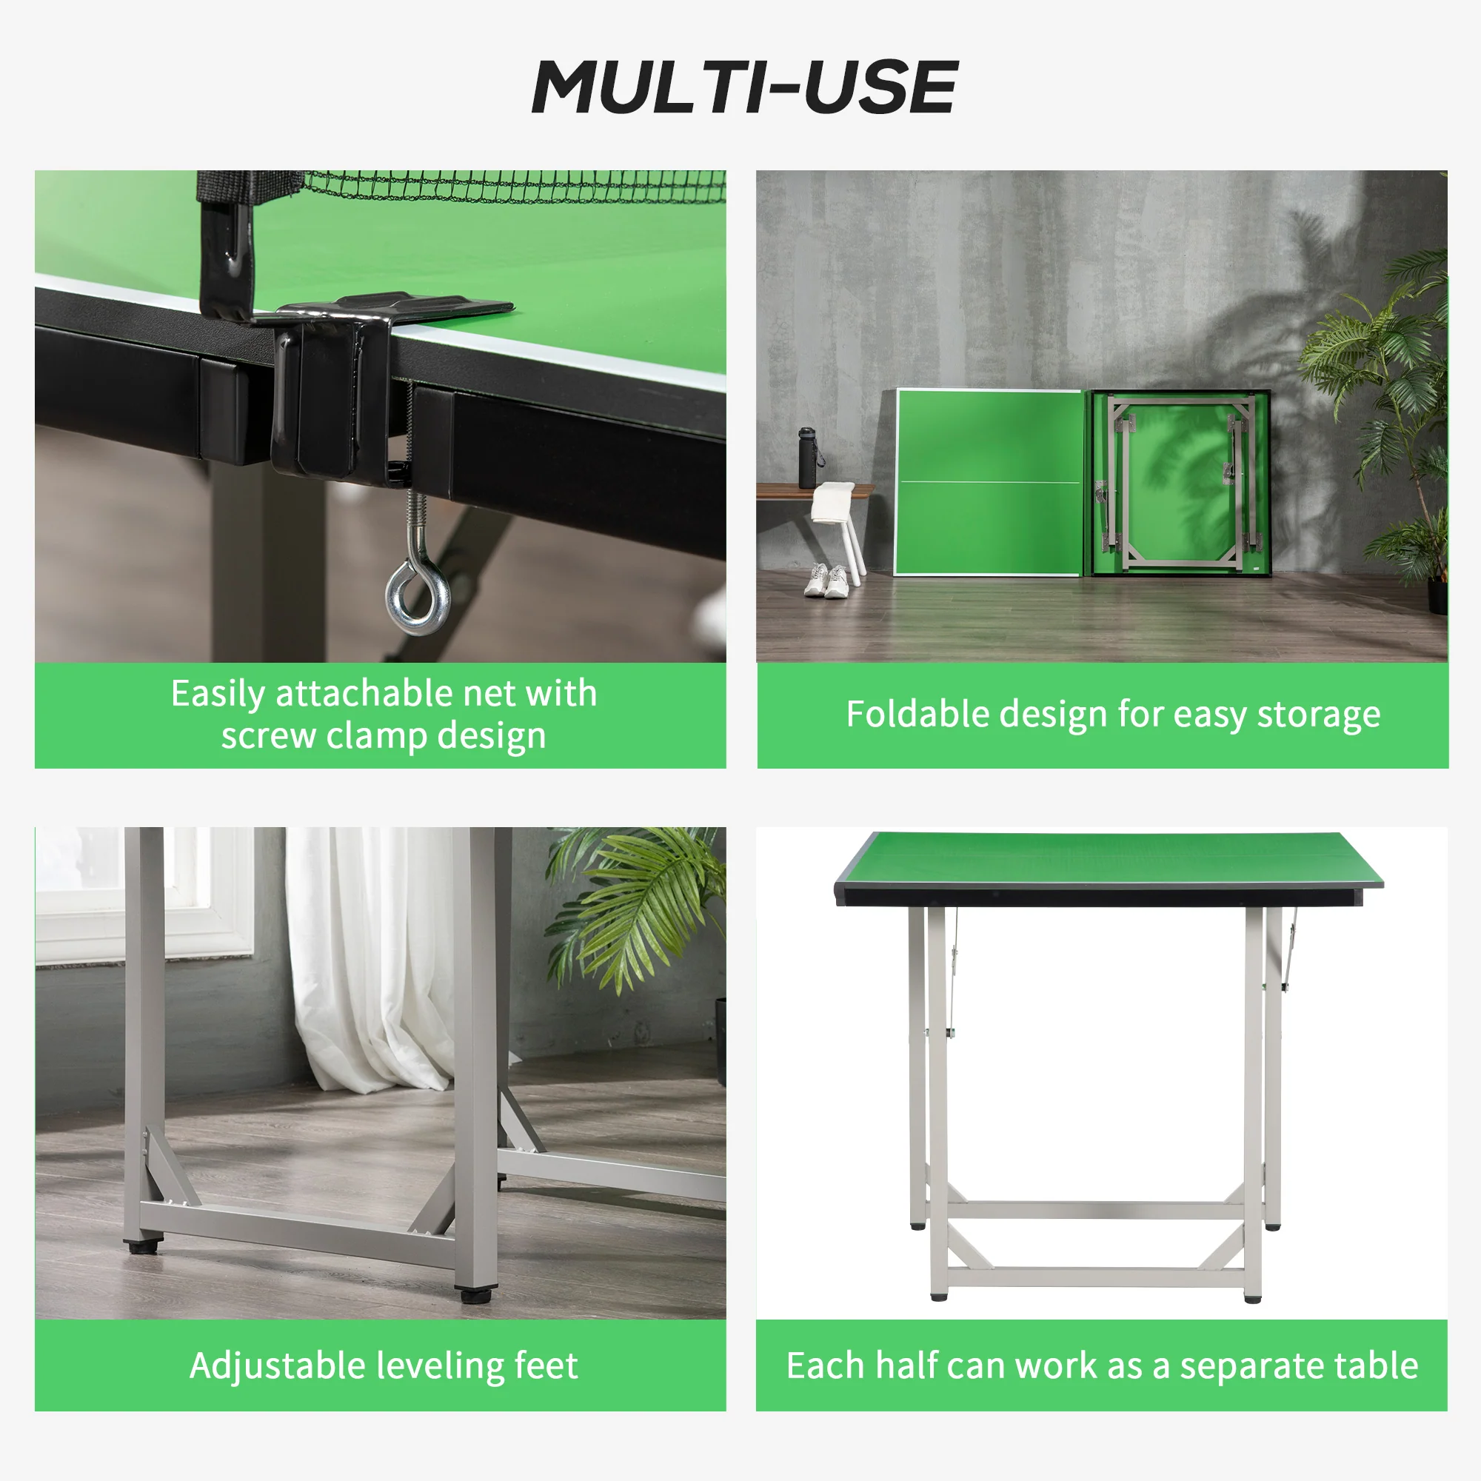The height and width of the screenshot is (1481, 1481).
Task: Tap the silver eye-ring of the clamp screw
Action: [418, 593]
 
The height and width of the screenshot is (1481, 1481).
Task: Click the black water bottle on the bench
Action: [807, 458]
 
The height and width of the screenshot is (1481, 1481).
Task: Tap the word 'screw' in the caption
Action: [268, 736]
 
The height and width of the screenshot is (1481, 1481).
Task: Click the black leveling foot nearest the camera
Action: [476, 1294]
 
